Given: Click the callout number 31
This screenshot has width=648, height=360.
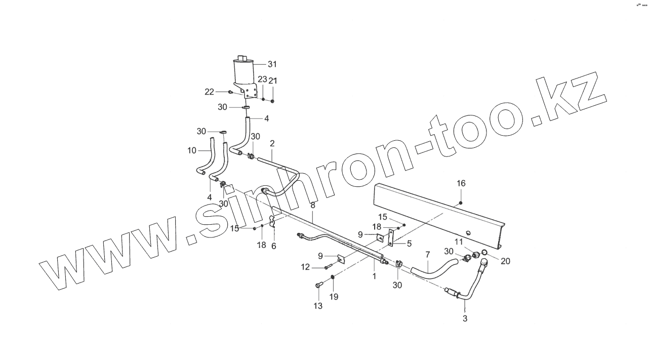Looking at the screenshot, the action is pyautogui.click(x=272, y=64).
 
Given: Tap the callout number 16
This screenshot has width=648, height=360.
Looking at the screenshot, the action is pyautogui.click(x=461, y=183).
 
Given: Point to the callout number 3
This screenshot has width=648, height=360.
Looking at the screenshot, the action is pyautogui.click(x=465, y=319).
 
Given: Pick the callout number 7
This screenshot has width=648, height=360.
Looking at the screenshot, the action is pyautogui.click(x=427, y=254).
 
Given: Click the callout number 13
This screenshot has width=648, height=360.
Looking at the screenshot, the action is pyautogui.click(x=317, y=305).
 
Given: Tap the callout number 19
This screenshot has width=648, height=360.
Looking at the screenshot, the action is pyautogui.click(x=334, y=297).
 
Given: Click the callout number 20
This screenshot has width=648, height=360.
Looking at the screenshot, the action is pyautogui.click(x=506, y=261).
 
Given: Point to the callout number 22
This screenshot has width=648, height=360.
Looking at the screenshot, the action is pyautogui.click(x=209, y=92).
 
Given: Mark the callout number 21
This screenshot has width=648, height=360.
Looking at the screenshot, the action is pyautogui.click(x=273, y=81).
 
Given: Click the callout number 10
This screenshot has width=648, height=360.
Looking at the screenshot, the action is pyautogui.click(x=192, y=150).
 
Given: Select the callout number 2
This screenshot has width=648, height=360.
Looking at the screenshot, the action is pyautogui.click(x=272, y=144).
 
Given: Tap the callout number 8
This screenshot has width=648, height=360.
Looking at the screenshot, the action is pyautogui.click(x=313, y=205).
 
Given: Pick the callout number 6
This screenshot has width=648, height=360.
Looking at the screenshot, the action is pyautogui.click(x=274, y=246).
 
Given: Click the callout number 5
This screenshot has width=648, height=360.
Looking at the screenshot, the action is pyautogui.click(x=409, y=243).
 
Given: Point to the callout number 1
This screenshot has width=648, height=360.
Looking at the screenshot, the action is pyautogui.click(x=374, y=276).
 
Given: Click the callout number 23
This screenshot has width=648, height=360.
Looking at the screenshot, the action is pyautogui.click(x=262, y=79).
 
